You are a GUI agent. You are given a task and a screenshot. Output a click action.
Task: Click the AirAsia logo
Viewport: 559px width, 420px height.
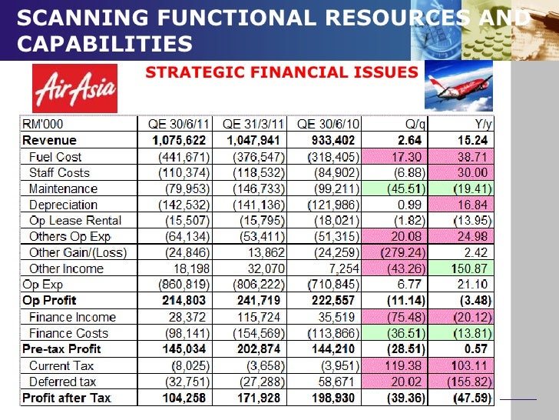click(x=74, y=88)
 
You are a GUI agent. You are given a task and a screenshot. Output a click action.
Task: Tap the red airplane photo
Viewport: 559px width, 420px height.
click(x=461, y=87)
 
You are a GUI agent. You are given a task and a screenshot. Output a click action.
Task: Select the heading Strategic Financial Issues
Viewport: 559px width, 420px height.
click(x=281, y=72)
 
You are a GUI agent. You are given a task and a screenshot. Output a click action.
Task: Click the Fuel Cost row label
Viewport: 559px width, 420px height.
click(x=55, y=156)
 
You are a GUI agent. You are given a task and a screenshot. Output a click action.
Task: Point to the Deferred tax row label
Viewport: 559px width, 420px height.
click(x=63, y=382)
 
